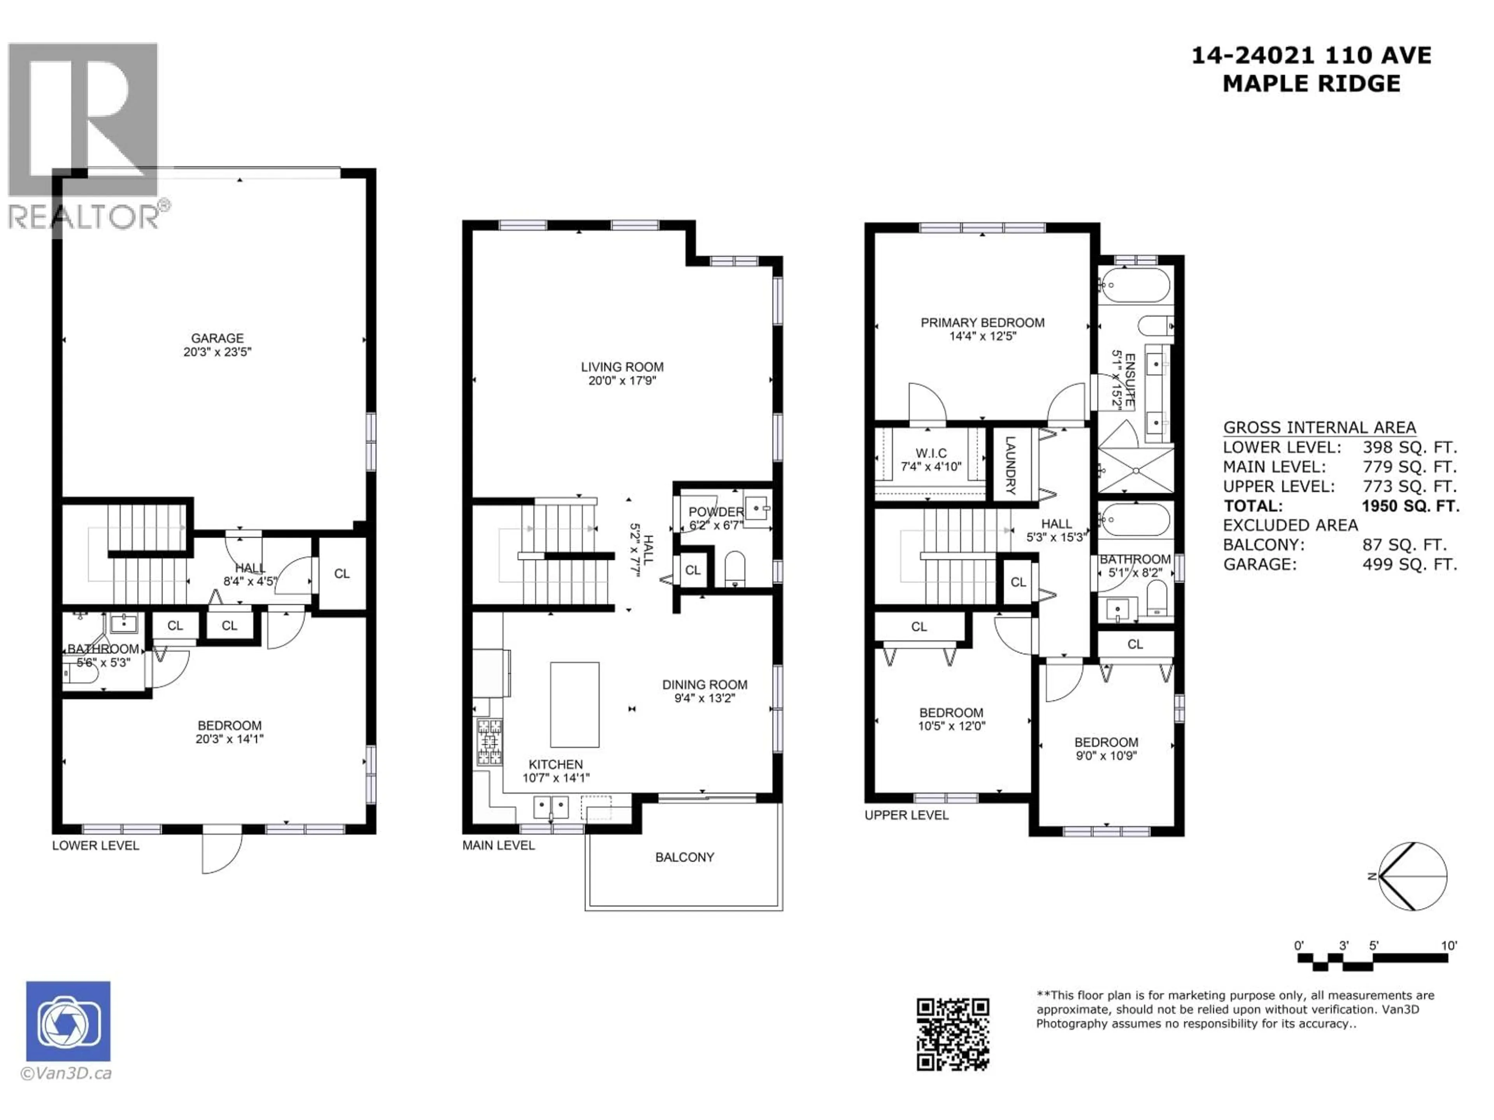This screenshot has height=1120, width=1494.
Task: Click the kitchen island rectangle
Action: click(574, 704)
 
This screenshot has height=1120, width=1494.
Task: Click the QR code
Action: click(952, 1034)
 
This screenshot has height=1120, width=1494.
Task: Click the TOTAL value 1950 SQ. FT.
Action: click(1410, 506)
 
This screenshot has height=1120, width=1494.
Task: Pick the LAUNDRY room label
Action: click(1010, 465)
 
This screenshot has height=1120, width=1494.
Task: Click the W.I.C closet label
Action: click(931, 453)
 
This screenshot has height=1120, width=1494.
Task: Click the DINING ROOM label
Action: click(705, 684)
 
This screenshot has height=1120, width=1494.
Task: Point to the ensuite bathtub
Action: click(1134, 285)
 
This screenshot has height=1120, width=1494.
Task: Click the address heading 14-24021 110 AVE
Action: click(1310, 55)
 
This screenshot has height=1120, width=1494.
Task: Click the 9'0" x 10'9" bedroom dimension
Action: click(1106, 756)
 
